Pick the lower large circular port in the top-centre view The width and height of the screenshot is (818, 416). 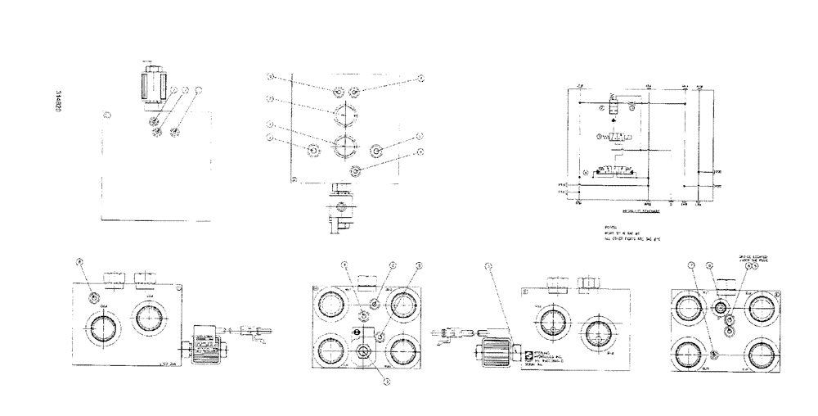point(342,148)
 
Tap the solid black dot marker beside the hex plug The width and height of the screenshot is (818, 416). point(356,332)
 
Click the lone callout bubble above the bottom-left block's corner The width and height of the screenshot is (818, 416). point(79,263)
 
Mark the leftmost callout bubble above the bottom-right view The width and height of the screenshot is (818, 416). point(691,265)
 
